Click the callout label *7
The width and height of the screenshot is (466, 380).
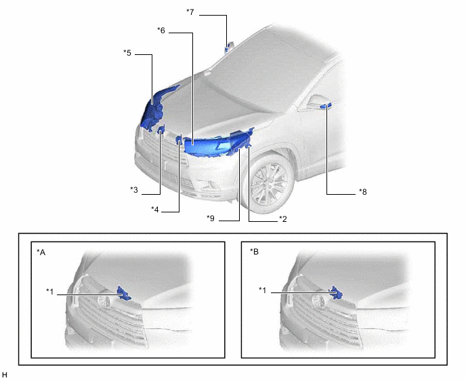click(x=190, y=12)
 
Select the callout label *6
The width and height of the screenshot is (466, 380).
click(x=161, y=31)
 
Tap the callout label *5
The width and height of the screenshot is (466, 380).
click(x=127, y=53)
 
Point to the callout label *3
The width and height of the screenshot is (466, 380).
click(x=134, y=189)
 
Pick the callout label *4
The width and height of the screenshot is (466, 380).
click(x=155, y=210)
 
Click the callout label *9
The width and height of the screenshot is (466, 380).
click(x=211, y=218)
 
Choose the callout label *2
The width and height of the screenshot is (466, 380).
click(x=283, y=219)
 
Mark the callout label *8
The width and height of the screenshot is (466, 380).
click(x=363, y=192)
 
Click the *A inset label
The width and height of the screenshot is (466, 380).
click(x=41, y=252)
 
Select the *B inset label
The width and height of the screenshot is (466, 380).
click(x=255, y=252)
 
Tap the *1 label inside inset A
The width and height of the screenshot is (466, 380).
click(x=50, y=292)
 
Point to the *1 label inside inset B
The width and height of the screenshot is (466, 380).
click(x=262, y=290)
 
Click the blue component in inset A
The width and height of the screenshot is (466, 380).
click(x=124, y=293)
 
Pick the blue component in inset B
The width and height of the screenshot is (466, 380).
click(x=336, y=292)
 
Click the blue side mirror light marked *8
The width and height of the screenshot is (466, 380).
click(x=325, y=106)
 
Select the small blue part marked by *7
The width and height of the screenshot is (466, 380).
click(x=228, y=47)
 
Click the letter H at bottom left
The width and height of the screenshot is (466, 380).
click(x=5, y=375)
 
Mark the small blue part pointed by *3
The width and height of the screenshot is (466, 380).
click(x=161, y=130)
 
